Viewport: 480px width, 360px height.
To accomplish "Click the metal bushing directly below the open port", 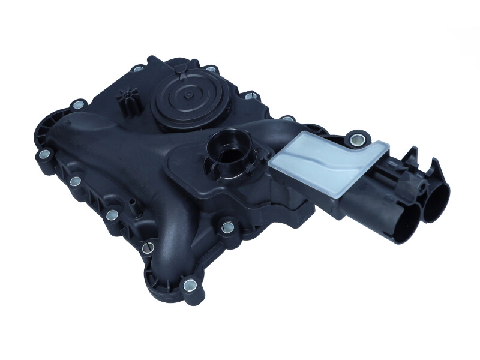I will click(227, 227).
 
